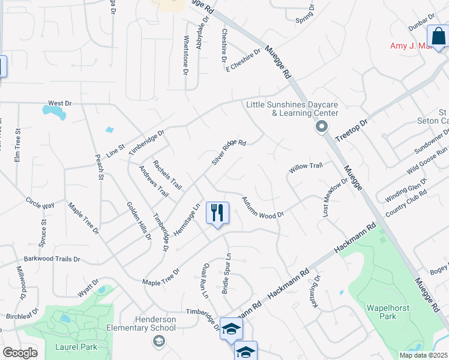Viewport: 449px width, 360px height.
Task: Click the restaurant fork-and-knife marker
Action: (x=217, y=213)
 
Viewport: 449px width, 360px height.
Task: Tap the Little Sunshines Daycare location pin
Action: (x=322, y=127)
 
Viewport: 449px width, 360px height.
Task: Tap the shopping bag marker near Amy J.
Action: (x=438, y=36)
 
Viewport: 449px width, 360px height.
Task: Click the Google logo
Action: (x=20, y=353)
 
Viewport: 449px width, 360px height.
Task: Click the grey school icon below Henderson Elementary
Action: (x=158, y=341)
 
